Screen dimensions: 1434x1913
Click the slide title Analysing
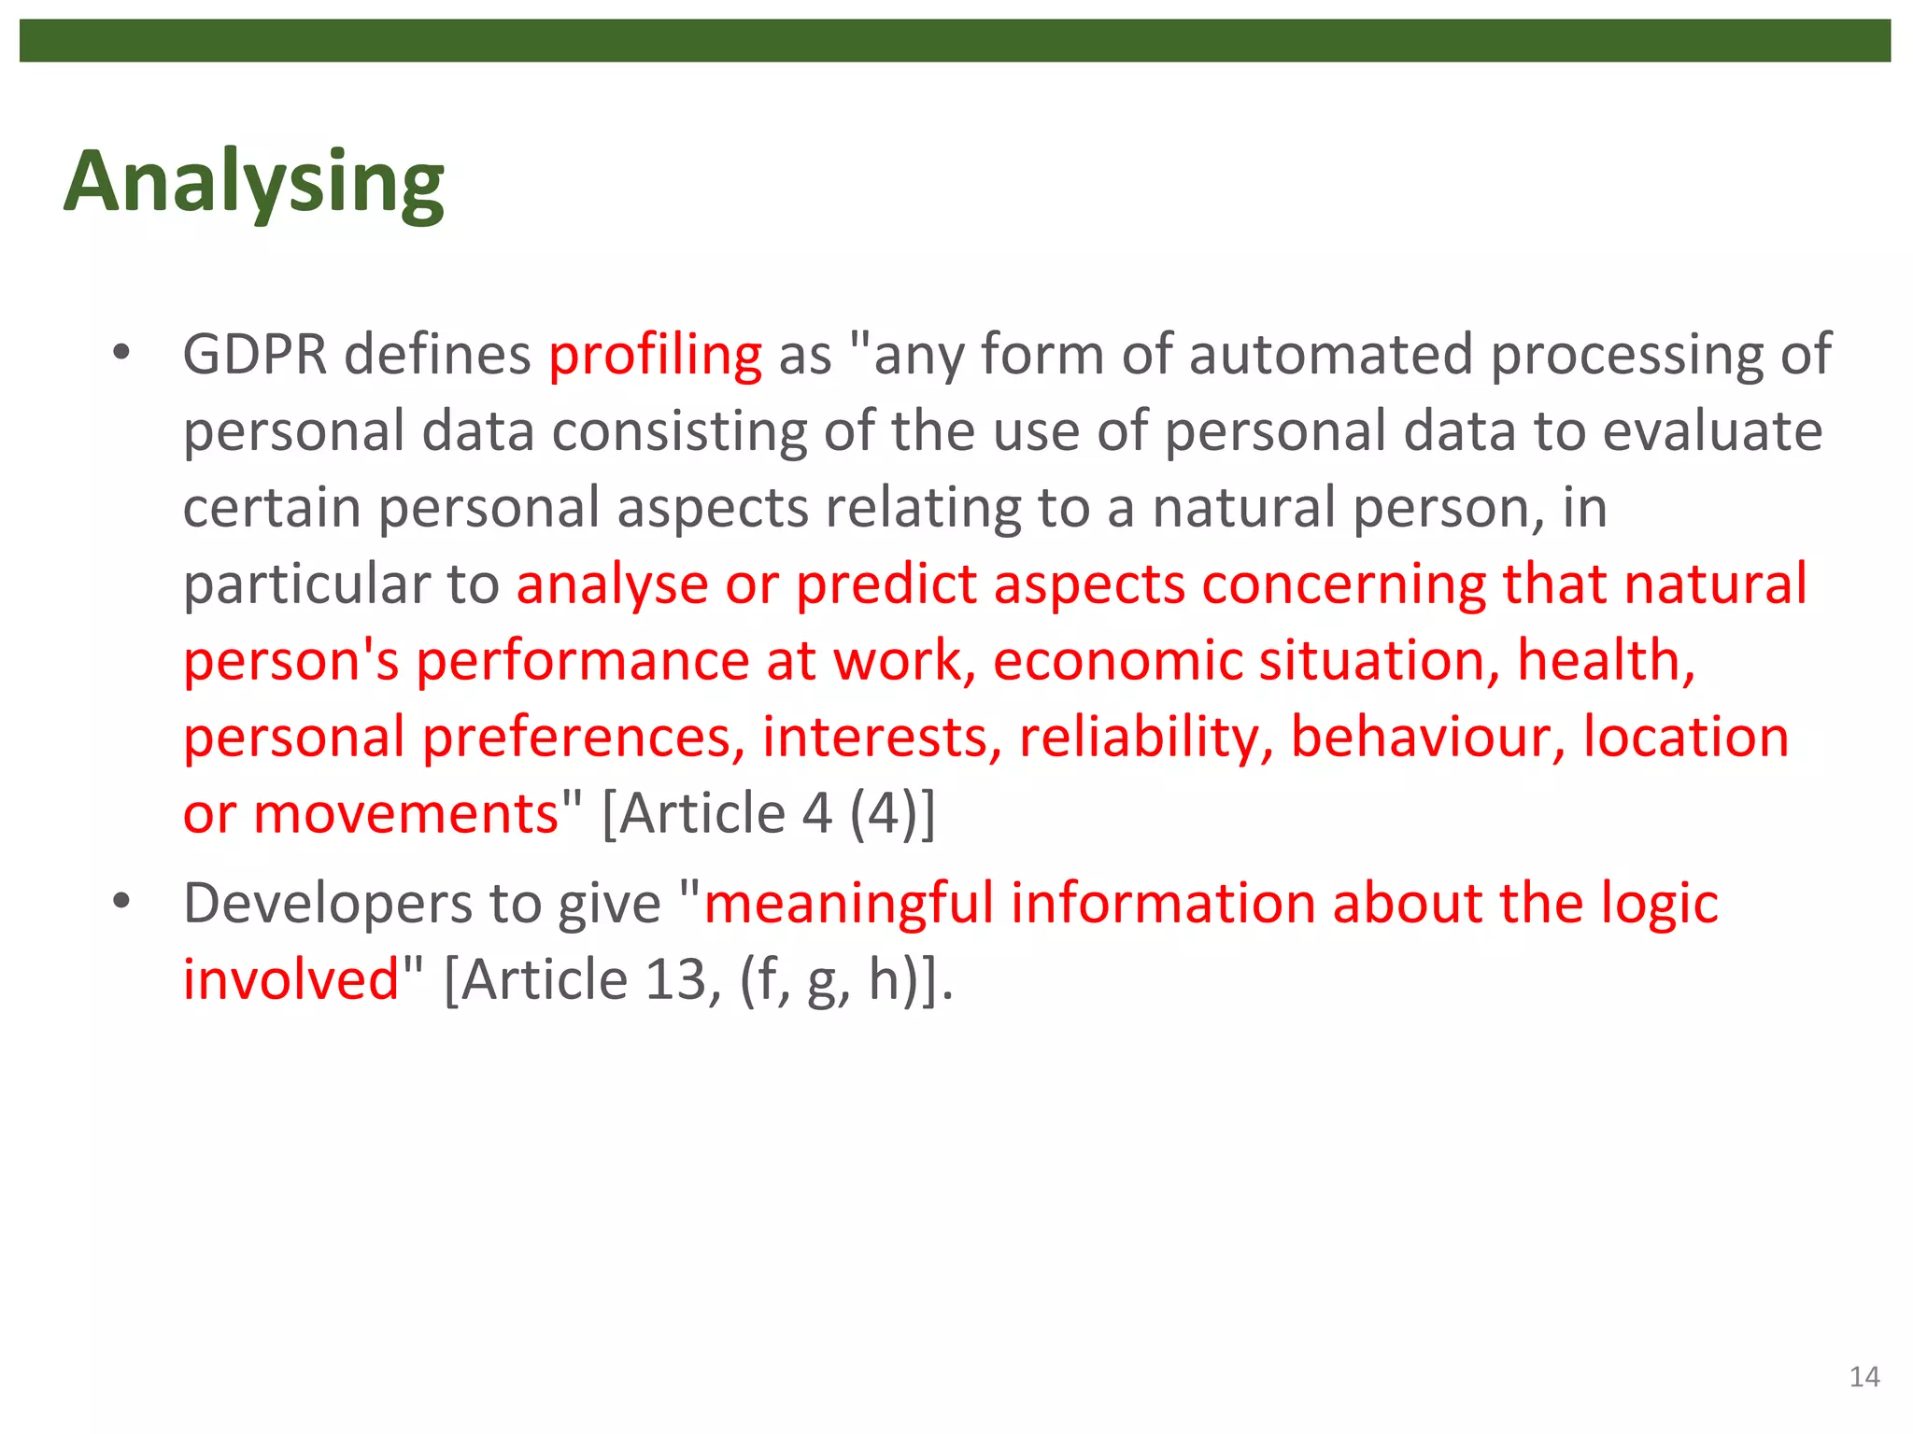pyautogui.click(x=253, y=182)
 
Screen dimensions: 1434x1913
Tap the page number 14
pyautogui.click(x=1863, y=1376)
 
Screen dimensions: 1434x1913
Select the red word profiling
pyautogui.click(x=655, y=356)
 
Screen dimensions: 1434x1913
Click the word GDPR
pyautogui.click(x=255, y=356)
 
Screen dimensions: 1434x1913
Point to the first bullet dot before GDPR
pyautogui.click(x=120, y=354)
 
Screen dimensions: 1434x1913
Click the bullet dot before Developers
pyautogui.click(x=120, y=903)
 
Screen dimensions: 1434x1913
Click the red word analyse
pyautogui.click(x=612, y=585)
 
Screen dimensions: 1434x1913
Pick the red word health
pyautogui.click(x=1605, y=662)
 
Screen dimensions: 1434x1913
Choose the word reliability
pyautogui.click(x=1146, y=738)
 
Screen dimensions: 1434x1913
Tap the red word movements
pyautogui.click(x=405, y=814)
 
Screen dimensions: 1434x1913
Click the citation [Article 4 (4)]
pyautogui.click(x=768, y=814)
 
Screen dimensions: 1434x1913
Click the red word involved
pyautogui.click(x=290, y=980)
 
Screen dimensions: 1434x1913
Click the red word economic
pyautogui.click(x=1116, y=662)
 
